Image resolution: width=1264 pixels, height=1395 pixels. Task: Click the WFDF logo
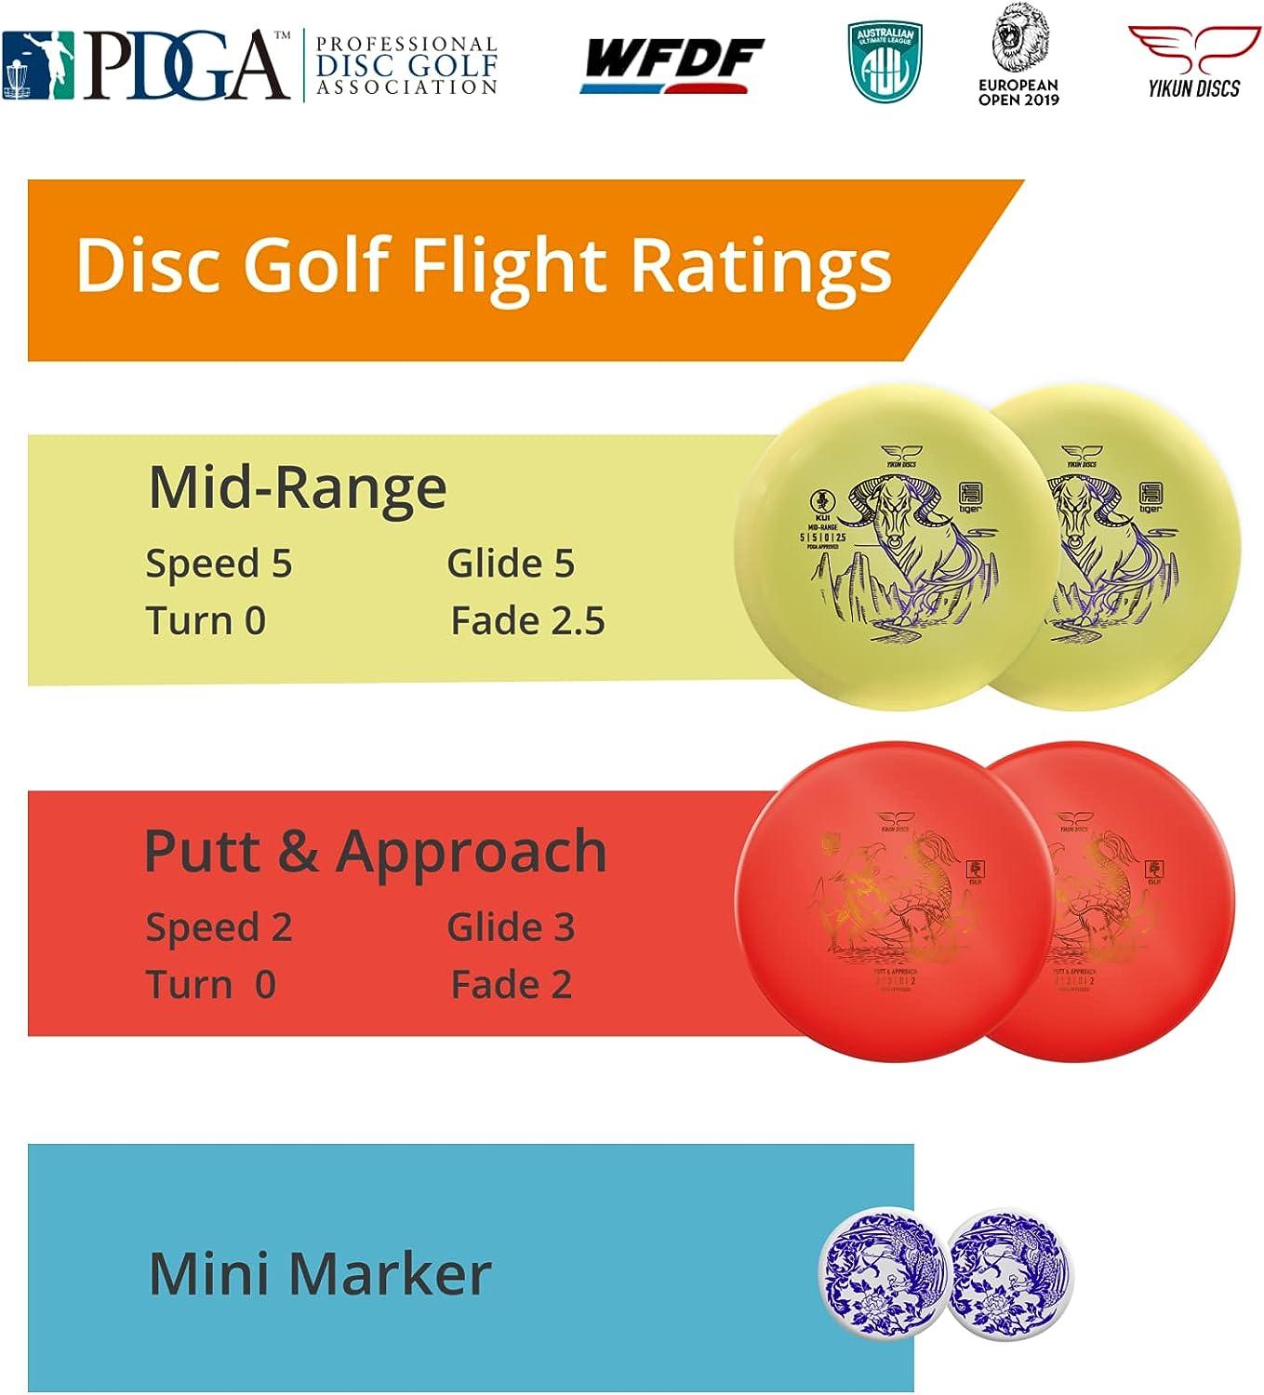point(672,65)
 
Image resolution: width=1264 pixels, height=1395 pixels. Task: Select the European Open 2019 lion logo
point(1018,54)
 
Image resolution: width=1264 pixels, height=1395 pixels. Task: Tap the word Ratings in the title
point(761,266)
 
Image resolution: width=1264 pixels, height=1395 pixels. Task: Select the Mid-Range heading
point(298,487)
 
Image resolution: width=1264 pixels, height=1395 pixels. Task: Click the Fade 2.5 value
point(527,621)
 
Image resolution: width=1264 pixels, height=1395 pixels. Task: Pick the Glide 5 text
point(511,564)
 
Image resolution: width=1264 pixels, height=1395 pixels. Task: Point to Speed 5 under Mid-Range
point(219,564)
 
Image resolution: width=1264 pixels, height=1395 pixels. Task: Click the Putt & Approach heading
point(375,851)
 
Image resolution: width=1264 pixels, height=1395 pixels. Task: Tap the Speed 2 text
point(219,927)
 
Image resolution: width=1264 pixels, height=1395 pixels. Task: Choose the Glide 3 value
point(511,927)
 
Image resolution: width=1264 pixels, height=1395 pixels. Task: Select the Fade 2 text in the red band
point(511,985)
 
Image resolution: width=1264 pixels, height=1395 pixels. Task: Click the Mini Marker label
point(319,1273)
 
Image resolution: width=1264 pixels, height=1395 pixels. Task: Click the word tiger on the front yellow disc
point(969,509)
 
